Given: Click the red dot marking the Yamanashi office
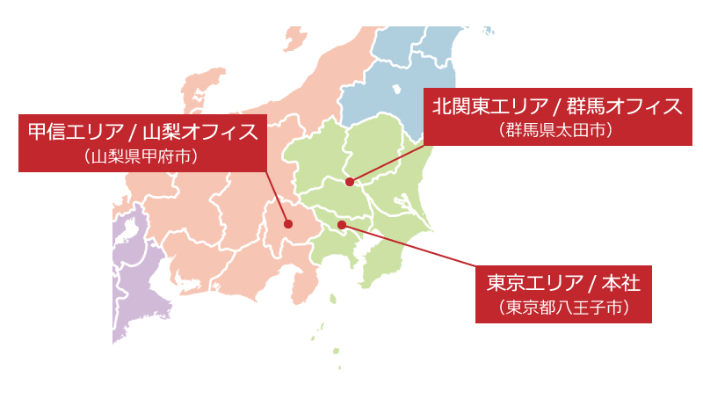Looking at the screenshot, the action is [x=288, y=224].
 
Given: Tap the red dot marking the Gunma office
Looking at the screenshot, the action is [x=349, y=182].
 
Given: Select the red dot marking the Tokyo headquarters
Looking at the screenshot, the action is [x=342, y=225].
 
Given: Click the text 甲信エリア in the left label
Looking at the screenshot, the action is [x=73, y=133].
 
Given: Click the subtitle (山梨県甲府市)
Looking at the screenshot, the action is [x=141, y=157].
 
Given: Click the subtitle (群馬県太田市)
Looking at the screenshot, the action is [x=556, y=130].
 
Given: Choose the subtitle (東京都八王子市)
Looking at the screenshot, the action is [x=563, y=308].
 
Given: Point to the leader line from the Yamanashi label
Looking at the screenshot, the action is [x=277, y=198].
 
